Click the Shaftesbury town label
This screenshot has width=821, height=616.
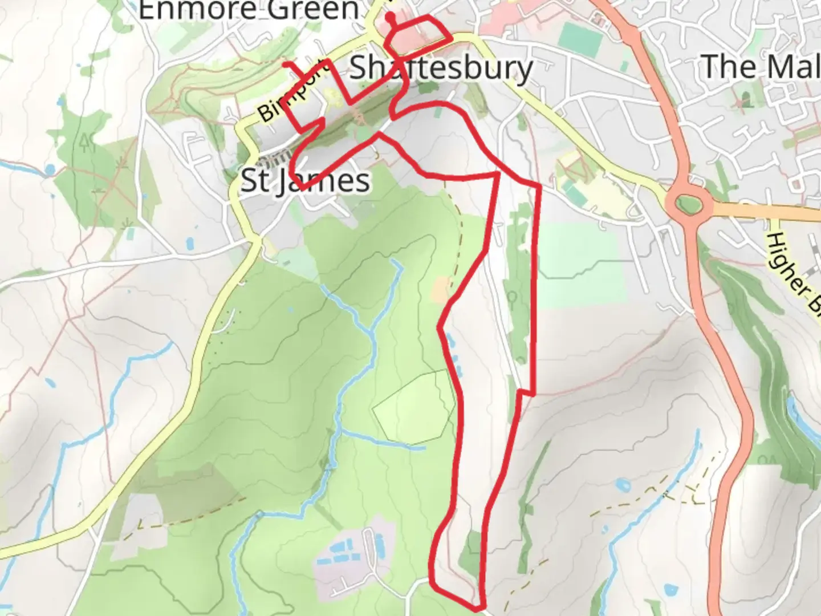[x=441, y=68]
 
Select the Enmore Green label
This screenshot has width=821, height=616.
[x=249, y=10]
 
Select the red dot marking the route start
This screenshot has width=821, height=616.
[x=390, y=17]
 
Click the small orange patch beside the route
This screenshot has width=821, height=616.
[x=441, y=290]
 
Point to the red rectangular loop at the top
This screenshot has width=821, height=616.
[x=418, y=39]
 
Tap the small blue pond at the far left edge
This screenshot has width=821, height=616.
[x=50, y=169]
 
